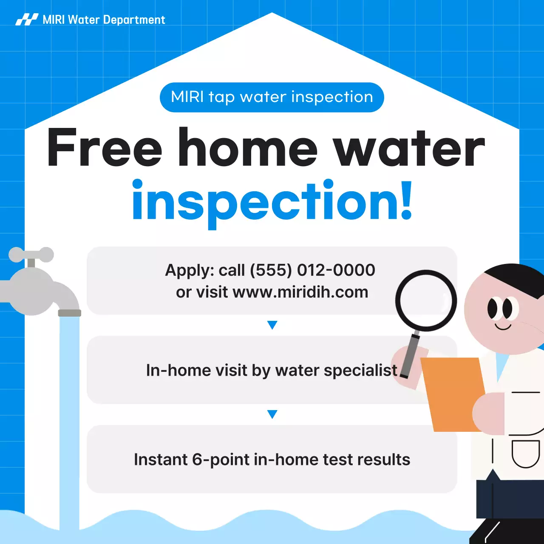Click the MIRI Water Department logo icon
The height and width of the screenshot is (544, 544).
pyautogui.click(x=27, y=20)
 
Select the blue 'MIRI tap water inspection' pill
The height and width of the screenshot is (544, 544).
pyautogui.click(x=272, y=97)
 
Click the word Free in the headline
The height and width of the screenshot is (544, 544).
pyautogui.click(x=105, y=148)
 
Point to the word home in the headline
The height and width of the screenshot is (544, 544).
pyautogui.click(x=247, y=148)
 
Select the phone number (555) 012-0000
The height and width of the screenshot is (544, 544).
pyautogui.click(x=312, y=270)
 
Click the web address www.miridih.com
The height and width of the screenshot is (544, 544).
pyautogui.click(x=300, y=292)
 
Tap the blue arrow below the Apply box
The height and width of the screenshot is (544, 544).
pyautogui.click(x=272, y=325)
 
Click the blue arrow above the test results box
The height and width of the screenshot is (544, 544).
pyautogui.click(x=272, y=414)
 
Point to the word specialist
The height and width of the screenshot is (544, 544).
pyautogui.click(x=360, y=371)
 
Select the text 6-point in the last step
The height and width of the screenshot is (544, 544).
pyautogui.click(x=221, y=460)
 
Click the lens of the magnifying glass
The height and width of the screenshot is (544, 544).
pyautogui.click(x=426, y=300)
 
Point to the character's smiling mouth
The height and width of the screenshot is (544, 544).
pyautogui.click(x=503, y=327)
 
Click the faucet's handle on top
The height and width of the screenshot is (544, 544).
pyautogui.click(x=31, y=255)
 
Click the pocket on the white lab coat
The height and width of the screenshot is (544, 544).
pyautogui.click(x=526, y=453)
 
